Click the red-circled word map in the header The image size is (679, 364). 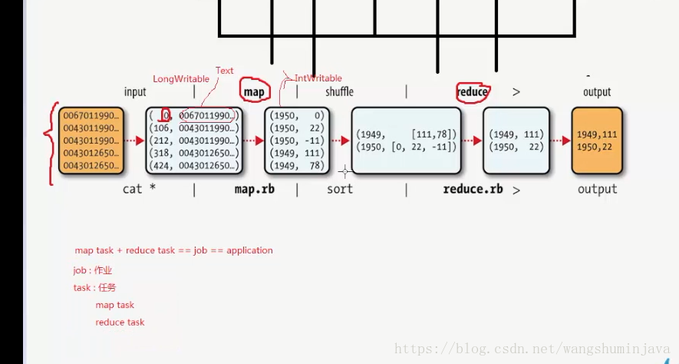coord(254,92)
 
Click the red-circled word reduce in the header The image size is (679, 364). coord(472,92)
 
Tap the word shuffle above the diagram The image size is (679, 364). coord(339,92)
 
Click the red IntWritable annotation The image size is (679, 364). coord(318,78)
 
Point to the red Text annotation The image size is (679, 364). coord(224,71)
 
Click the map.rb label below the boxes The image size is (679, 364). coord(254,189)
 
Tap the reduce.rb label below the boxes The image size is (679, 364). coord(473,189)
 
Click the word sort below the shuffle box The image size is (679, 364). coord(339,189)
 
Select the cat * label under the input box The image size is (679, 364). coord(140,189)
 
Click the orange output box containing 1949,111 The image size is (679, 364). coord(597,141)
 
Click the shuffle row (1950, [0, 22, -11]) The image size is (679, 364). coord(407,147)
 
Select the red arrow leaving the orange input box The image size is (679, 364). coord(134,141)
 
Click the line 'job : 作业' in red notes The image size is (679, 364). coord(93,270)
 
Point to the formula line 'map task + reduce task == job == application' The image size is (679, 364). coord(173,250)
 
